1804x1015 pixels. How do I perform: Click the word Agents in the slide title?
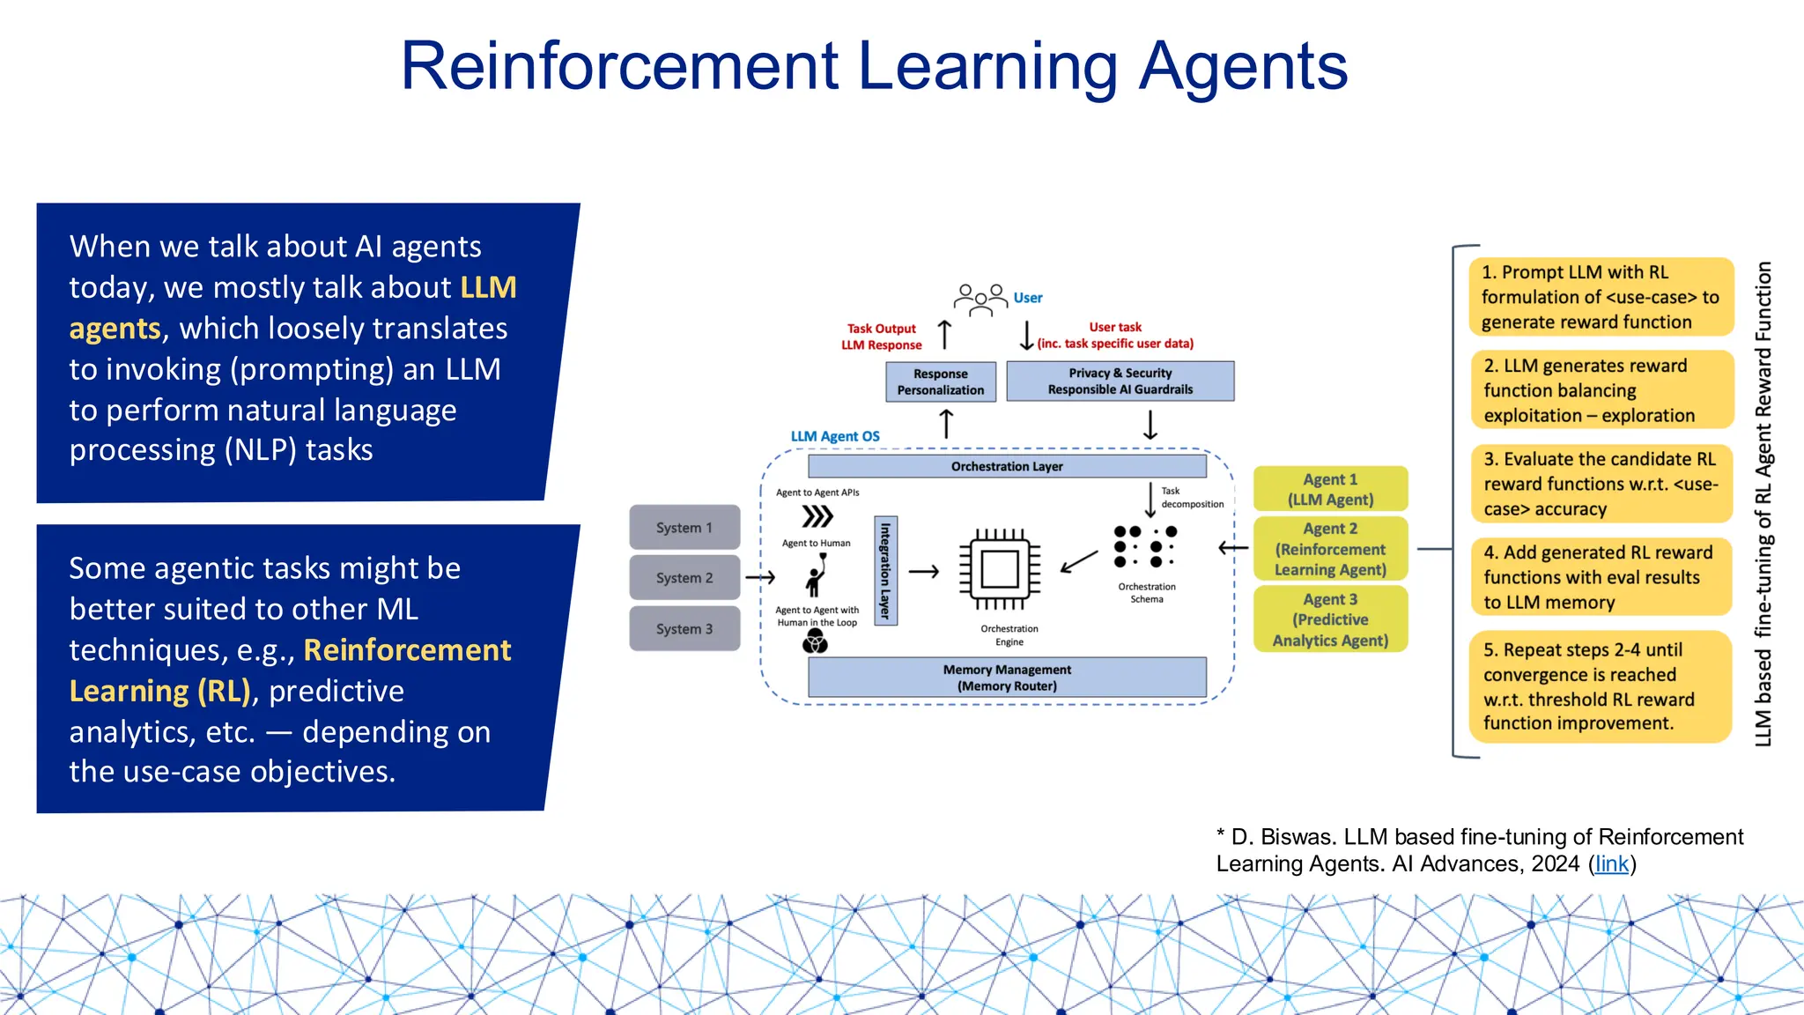[1243, 67]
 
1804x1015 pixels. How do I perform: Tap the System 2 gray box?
[684, 578]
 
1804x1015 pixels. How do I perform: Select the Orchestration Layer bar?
[1007, 466]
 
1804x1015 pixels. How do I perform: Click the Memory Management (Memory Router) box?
[1007, 678]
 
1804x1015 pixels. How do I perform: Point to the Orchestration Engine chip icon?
[1000, 569]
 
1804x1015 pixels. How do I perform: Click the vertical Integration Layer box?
[885, 571]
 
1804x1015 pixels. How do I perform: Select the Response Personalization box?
[941, 382]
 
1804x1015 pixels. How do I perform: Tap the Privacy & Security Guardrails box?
[1120, 382]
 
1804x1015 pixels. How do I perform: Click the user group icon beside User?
[980, 300]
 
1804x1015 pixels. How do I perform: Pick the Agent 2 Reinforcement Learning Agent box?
[1330, 549]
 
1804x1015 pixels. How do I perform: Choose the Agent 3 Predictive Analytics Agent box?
[1330, 619]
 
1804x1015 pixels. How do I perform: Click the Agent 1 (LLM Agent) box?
[1330, 489]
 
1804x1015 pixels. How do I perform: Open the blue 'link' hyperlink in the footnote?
[1611, 863]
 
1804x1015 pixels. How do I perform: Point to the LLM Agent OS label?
[834, 436]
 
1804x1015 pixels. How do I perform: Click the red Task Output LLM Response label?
[881, 337]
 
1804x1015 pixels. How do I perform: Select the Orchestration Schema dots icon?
[1144, 546]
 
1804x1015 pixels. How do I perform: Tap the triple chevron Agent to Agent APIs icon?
[817, 516]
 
